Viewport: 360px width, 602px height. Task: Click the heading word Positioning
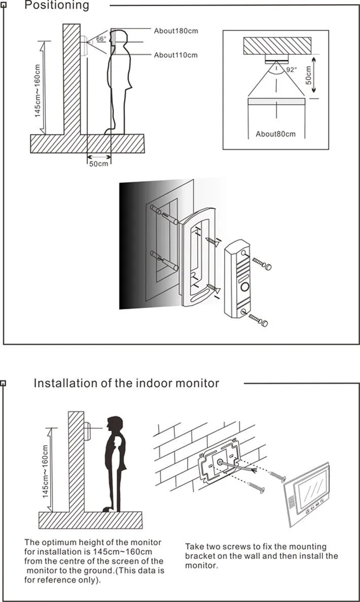(56, 6)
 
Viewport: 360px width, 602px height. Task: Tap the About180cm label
(175, 31)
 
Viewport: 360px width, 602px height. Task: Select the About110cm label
(175, 55)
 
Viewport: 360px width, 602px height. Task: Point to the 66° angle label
(101, 39)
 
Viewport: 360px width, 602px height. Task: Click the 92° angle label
(292, 70)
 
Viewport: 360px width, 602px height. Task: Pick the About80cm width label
(275, 134)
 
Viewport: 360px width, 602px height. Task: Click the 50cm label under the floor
(99, 164)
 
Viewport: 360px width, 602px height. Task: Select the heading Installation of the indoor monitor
(126, 383)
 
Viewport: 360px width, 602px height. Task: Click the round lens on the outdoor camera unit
(244, 287)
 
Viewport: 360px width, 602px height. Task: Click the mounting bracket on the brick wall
(219, 462)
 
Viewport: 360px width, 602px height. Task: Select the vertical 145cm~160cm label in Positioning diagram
(38, 90)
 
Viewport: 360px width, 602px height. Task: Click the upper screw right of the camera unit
(261, 263)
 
